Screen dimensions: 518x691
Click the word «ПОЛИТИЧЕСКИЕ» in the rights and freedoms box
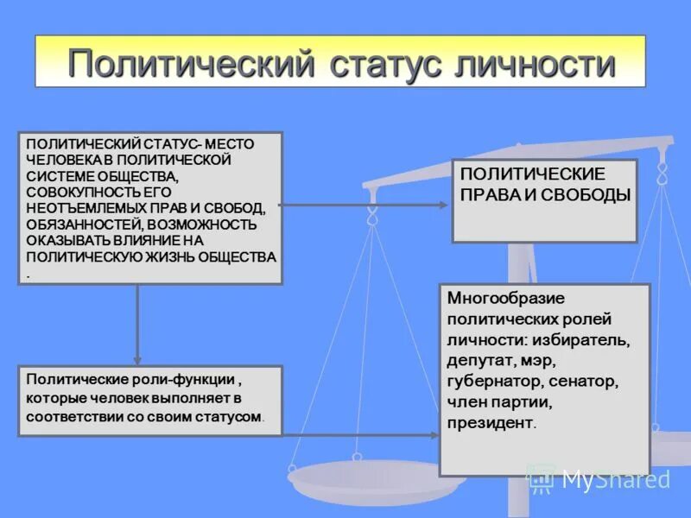533,174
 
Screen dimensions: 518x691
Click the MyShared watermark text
615,480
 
